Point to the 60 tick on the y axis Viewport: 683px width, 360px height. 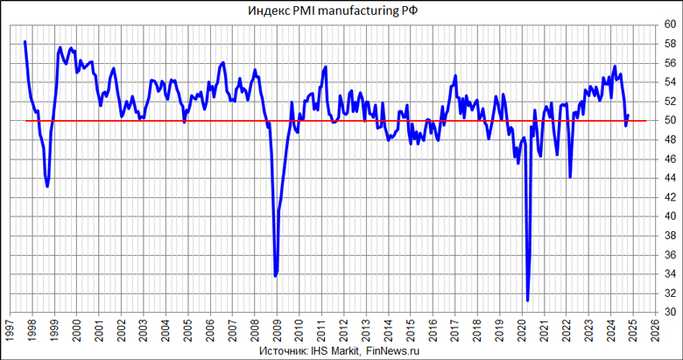[669, 25]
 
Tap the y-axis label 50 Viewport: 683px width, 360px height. [669, 120]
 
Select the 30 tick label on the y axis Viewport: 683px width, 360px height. [669, 312]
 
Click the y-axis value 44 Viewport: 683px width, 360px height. [669, 178]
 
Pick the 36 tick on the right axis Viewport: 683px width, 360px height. [669, 254]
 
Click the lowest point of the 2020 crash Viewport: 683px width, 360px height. [527, 300]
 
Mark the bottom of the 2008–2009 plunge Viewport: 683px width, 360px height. [276, 276]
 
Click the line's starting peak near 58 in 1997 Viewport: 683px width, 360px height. [25, 41]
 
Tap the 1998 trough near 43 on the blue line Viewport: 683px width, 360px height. [47, 187]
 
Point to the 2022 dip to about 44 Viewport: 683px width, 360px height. [570, 177]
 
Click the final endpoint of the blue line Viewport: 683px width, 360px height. [628, 116]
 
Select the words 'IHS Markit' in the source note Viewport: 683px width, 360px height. [334, 350]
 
